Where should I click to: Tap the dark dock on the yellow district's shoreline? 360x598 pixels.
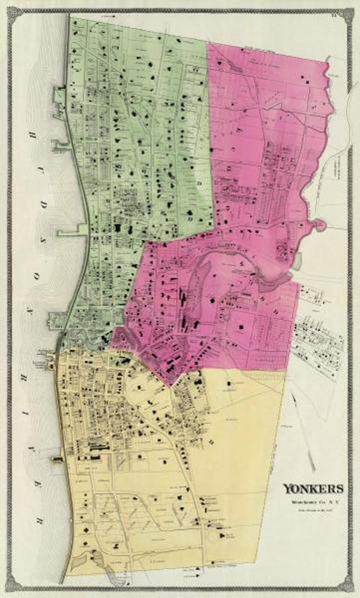point(58,459)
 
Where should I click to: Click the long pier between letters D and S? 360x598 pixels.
point(70,230)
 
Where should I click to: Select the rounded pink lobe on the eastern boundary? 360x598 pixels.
point(317,226)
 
